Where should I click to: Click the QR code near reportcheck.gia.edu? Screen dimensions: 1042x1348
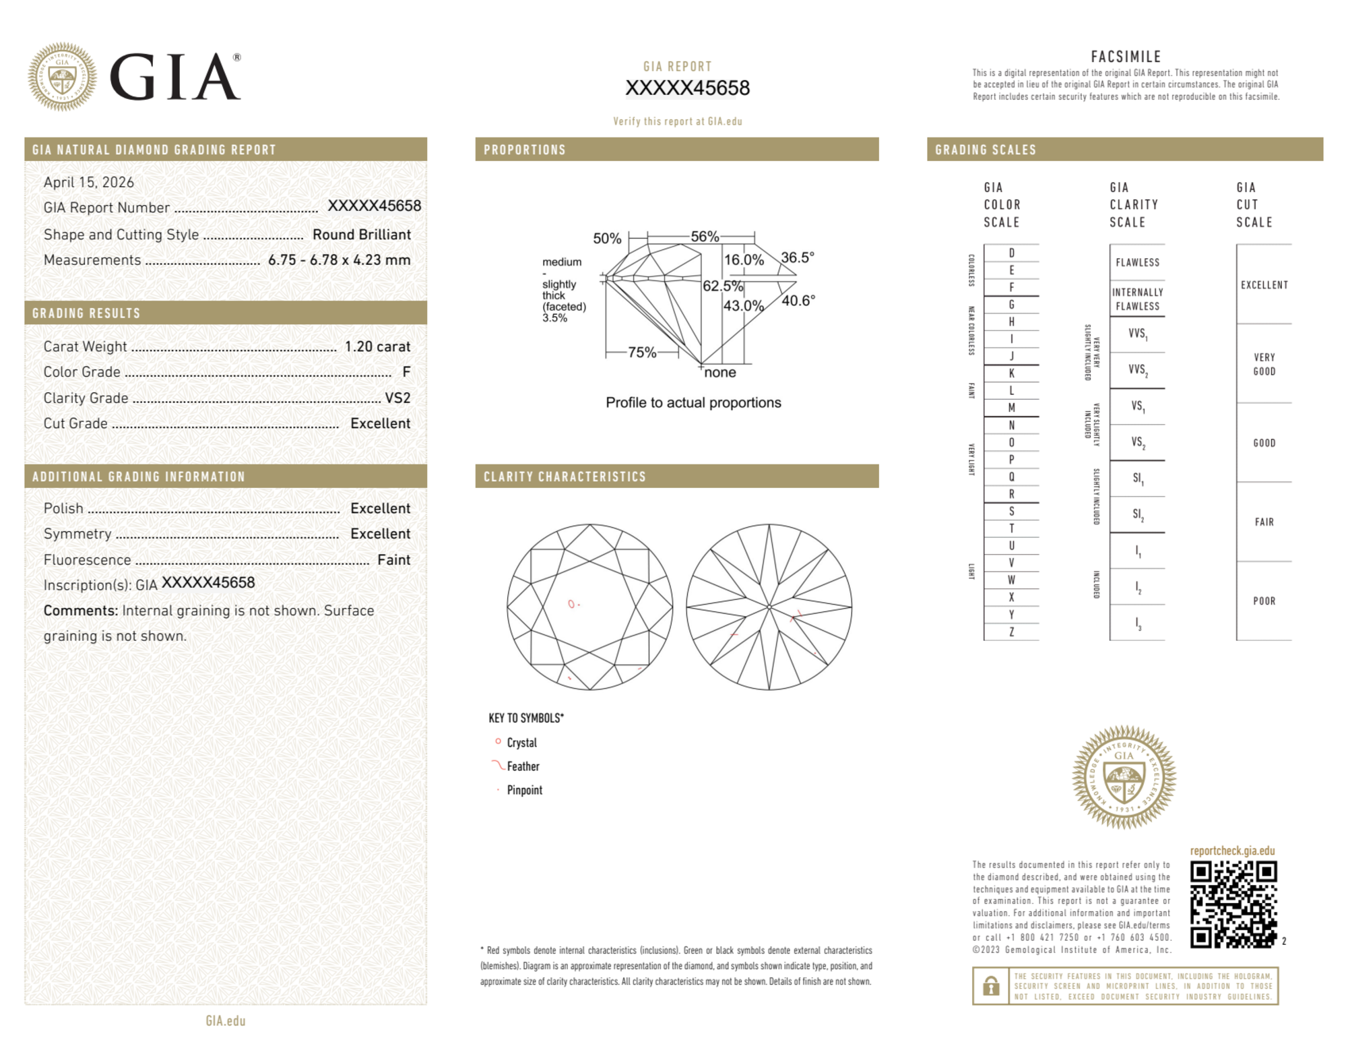click(x=1233, y=904)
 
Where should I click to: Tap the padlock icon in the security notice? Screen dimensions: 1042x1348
click(x=990, y=986)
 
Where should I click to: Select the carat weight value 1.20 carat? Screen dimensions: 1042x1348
click(x=377, y=346)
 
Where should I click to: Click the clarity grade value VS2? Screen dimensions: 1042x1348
click(x=397, y=398)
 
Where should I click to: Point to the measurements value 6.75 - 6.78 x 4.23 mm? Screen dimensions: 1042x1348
click(x=339, y=260)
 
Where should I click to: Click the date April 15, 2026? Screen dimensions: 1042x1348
click(x=89, y=182)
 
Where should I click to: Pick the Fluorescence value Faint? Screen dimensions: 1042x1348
click(x=393, y=559)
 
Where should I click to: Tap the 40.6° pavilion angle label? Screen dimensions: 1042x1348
click(x=798, y=301)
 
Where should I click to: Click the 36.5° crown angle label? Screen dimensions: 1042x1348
click(x=798, y=257)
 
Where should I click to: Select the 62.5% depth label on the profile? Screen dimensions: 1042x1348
click(x=722, y=286)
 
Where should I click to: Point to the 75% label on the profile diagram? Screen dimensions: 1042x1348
click(x=641, y=352)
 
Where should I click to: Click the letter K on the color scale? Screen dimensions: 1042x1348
click(x=1011, y=373)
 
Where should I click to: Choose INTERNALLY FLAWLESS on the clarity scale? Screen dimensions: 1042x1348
click(x=1137, y=299)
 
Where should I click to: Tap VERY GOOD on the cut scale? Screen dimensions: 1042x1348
click(x=1264, y=364)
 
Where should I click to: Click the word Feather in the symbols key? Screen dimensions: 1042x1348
click(x=523, y=766)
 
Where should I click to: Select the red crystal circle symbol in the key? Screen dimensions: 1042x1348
click(x=498, y=741)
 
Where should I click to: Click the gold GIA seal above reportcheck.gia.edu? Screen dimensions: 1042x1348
click(x=1124, y=776)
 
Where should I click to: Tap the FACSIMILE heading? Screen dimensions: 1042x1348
click(x=1126, y=57)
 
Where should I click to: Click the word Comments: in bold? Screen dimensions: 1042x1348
click(x=81, y=611)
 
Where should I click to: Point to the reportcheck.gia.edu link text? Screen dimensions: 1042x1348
click(x=1232, y=851)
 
